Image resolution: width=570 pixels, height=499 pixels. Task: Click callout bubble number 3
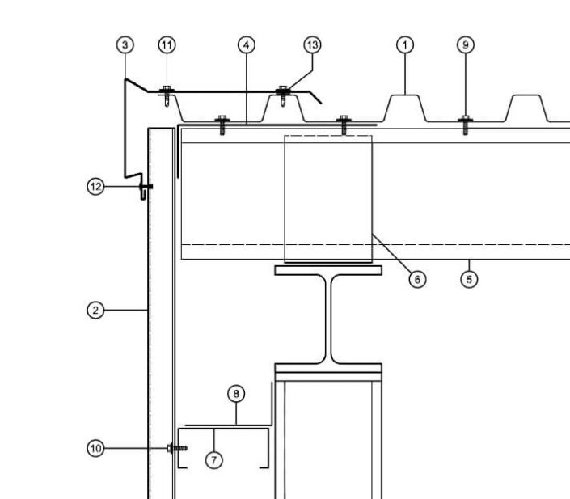coord(125,45)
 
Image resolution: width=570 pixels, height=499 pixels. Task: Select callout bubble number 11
coord(167,45)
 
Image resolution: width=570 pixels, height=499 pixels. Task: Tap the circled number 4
coord(247,45)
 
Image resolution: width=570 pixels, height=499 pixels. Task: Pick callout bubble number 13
coord(312,45)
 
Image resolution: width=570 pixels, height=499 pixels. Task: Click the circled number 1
coord(405,45)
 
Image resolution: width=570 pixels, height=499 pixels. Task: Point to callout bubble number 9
coord(466,45)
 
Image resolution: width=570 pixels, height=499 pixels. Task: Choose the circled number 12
coord(95,187)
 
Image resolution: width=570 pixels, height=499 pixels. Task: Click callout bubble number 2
coord(95,311)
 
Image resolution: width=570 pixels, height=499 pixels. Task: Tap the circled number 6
coord(417,279)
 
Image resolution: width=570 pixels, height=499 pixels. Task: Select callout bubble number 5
coord(469,279)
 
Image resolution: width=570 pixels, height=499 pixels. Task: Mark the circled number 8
coord(236,394)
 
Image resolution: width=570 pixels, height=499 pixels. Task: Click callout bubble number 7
coord(214,460)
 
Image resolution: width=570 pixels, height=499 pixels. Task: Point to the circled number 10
coord(95,448)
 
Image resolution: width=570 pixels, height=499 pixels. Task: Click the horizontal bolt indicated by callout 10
coord(177,448)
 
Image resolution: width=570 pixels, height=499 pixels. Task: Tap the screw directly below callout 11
coord(167,95)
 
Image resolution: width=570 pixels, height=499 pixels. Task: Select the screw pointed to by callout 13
coord(283,95)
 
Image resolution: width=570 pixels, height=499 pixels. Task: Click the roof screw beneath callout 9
coord(466,125)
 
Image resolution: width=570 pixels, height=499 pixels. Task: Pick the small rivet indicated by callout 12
coord(146,187)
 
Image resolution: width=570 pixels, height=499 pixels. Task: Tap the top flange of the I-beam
coord(328,270)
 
